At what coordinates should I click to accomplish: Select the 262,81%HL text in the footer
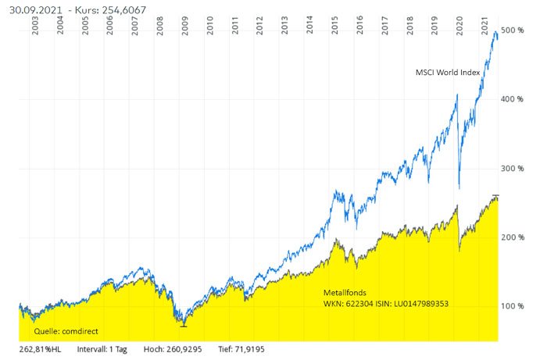click(39, 349)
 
